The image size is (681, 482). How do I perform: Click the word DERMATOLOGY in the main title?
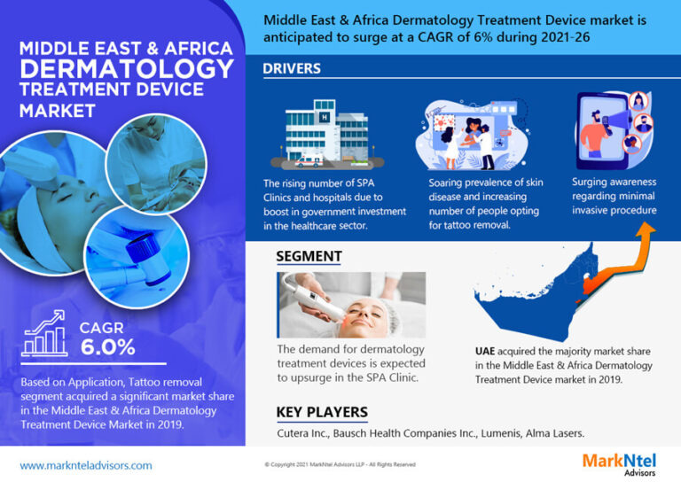(127, 68)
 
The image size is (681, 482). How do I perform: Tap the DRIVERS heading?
(292, 68)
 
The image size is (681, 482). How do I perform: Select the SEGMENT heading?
(309, 256)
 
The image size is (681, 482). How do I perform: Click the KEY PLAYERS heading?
(322, 412)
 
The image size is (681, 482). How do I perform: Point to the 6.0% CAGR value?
(107, 347)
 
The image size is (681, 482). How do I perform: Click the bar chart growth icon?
(44, 333)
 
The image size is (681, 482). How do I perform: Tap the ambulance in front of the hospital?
(309, 162)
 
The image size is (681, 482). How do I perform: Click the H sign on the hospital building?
(325, 117)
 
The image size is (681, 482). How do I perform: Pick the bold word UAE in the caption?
(485, 351)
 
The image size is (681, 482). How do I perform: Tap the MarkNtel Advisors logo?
(619, 464)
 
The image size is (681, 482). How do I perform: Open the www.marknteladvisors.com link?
(86, 465)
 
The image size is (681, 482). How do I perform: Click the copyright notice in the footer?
(340, 464)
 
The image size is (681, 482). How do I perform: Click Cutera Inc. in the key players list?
(303, 433)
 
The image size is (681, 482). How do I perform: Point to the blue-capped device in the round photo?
(147, 258)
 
